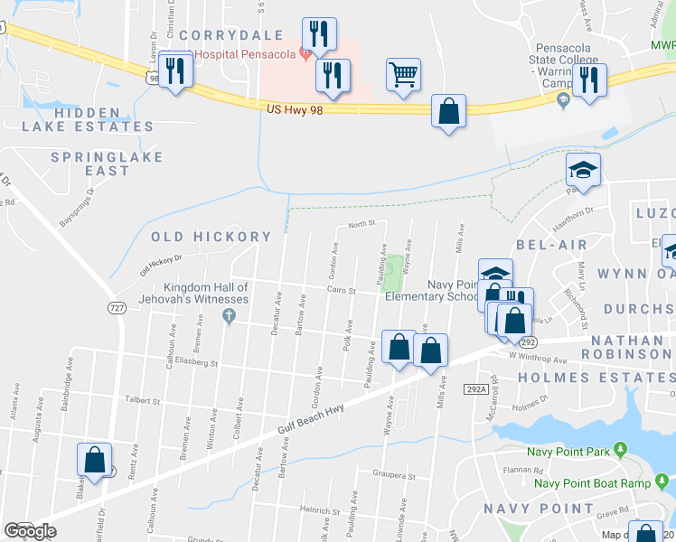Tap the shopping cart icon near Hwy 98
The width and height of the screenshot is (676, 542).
click(403, 75)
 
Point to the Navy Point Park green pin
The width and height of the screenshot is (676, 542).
click(620, 449)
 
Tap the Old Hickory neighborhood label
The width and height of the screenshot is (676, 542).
click(211, 237)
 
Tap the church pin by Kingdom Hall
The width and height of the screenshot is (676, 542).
click(229, 316)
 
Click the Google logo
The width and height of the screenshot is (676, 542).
click(30, 531)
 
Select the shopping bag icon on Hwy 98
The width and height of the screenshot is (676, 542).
click(448, 111)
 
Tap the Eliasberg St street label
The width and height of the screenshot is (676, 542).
click(196, 364)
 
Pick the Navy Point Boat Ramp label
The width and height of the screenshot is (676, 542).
click(592, 482)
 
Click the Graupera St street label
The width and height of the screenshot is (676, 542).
click(394, 474)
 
